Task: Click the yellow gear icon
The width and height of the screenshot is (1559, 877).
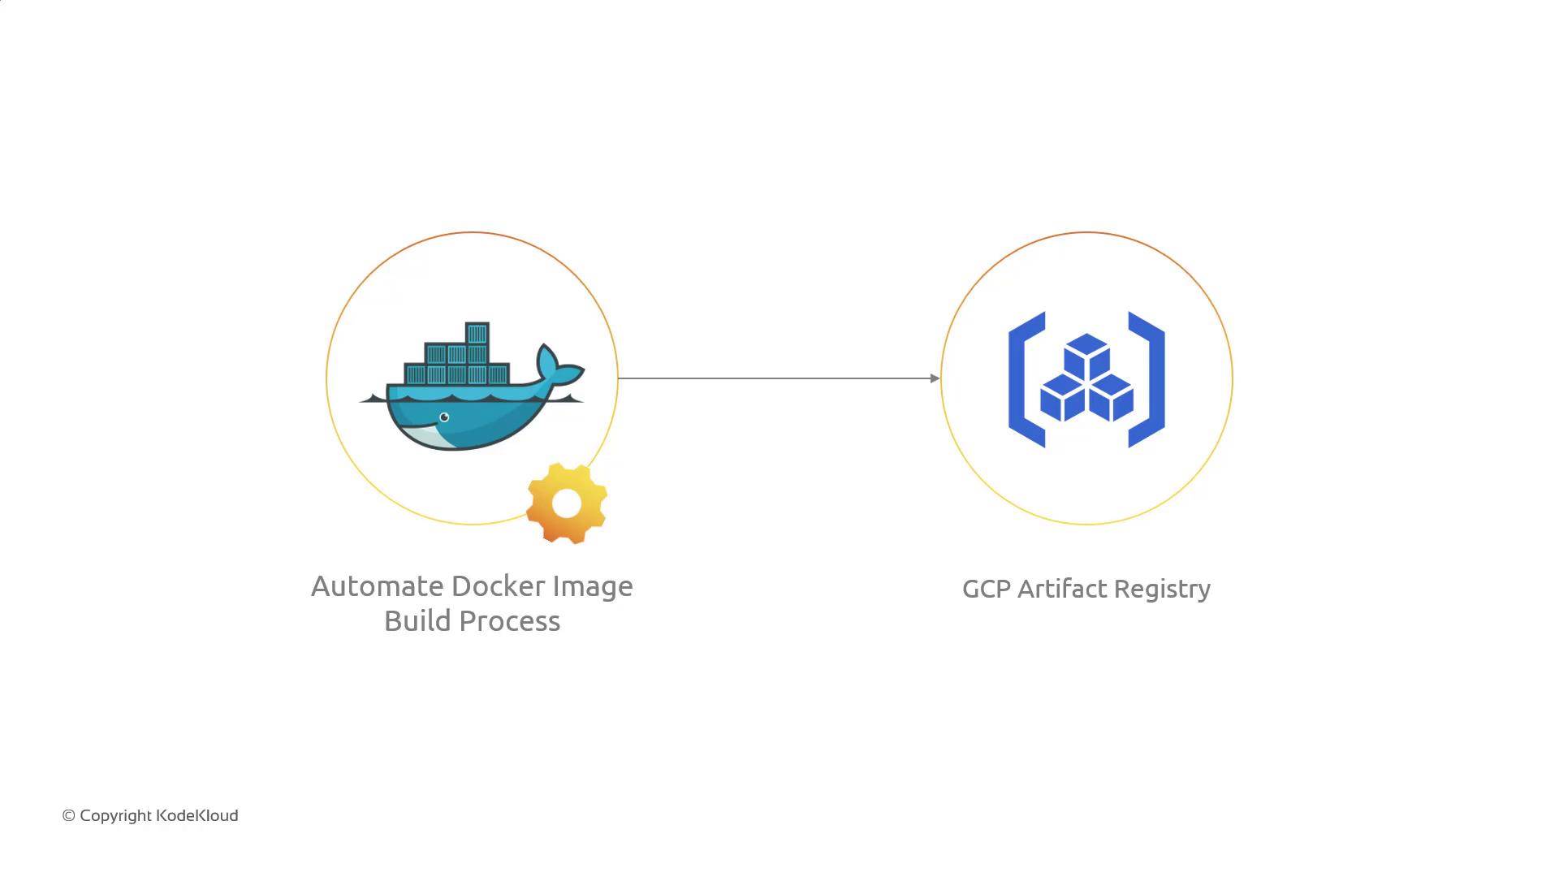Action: (567, 503)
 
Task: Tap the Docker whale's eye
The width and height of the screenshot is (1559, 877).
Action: (444, 417)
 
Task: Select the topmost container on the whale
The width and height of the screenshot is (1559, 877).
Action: (477, 334)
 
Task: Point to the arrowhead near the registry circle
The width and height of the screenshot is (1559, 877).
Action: (935, 378)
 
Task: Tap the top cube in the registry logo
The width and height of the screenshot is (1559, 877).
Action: (1086, 355)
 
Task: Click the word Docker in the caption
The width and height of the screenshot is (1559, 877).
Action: (498, 586)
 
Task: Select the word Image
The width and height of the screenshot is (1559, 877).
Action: (592, 586)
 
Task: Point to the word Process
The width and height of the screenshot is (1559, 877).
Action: (511, 621)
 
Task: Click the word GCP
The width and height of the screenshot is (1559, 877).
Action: (986, 589)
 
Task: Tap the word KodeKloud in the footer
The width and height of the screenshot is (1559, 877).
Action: (196, 816)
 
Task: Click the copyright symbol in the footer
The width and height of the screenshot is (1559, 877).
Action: (69, 816)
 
